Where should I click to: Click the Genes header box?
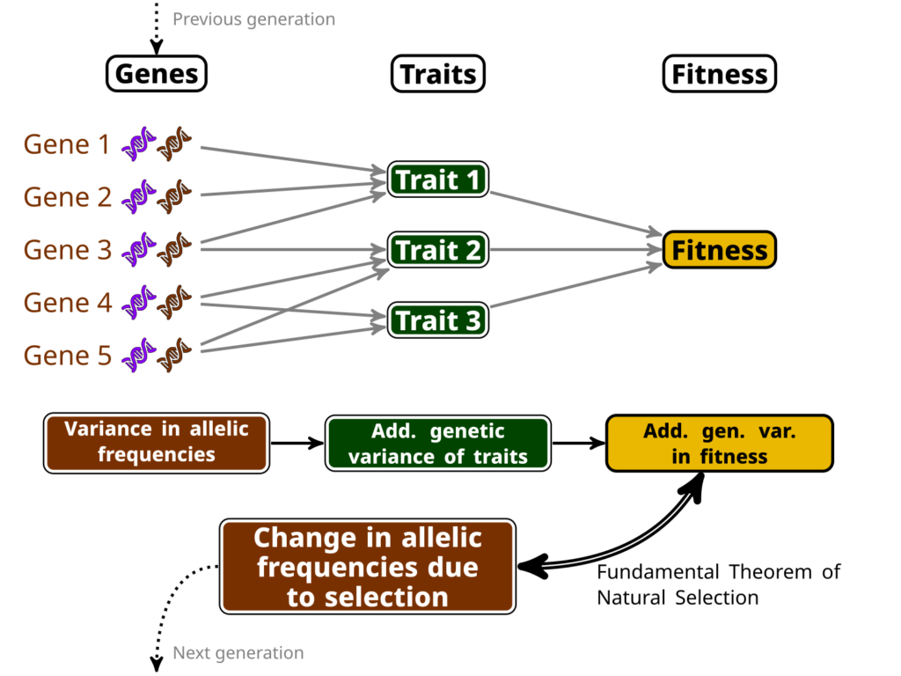point(157,74)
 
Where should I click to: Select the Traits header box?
point(438,74)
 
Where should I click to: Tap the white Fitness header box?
point(720,74)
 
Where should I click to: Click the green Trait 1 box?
point(438,180)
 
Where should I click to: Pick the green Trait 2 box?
point(438,250)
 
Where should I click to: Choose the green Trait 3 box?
point(438,320)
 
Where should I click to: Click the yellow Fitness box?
point(720,250)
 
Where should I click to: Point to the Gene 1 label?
point(67,143)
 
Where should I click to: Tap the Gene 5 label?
point(67,356)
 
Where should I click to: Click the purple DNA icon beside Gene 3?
point(138,249)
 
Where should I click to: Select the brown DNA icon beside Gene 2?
point(174,196)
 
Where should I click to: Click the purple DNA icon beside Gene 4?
point(138,303)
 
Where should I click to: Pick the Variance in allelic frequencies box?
point(157,443)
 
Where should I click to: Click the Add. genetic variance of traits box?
point(438,444)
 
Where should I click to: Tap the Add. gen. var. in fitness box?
point(720,444)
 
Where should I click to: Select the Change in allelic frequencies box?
point(368,567)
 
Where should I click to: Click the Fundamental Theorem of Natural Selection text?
point(718,584)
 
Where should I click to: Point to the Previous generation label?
point(254,19)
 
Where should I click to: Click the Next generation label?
point(238,653)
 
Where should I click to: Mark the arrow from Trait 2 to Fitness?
point(576,250)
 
